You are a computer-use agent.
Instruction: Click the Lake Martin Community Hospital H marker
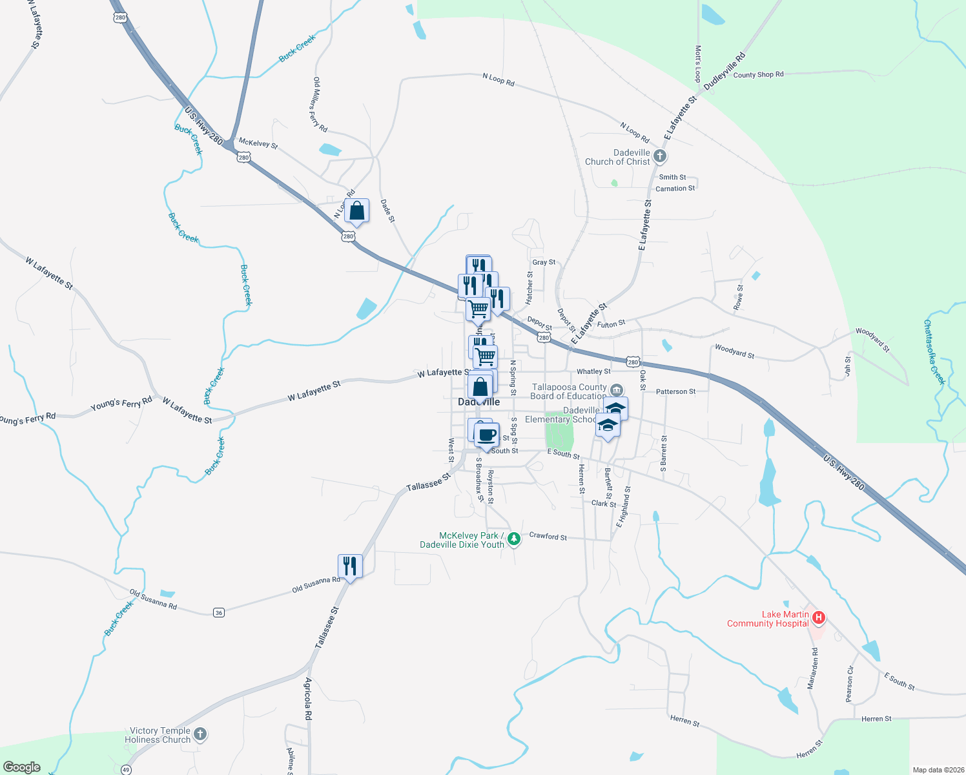[x=818, y=618]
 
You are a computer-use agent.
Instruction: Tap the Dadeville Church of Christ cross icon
[x=659, y=156]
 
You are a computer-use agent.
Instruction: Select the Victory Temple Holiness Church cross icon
[x=200, y=734]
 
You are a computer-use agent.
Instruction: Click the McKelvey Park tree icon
[x=514, y=539]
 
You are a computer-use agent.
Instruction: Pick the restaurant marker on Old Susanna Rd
[x=349, y=566]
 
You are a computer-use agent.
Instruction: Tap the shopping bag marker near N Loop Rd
[x=356, y=211]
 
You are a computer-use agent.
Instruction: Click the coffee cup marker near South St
[x=487, y=435]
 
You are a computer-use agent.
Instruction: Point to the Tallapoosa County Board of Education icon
[x=616, y=390]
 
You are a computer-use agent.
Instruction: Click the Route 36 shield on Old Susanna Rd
[x=219, y=612]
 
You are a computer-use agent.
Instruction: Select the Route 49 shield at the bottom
[x=126, y=769]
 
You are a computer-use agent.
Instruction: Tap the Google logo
[x=22, y=767]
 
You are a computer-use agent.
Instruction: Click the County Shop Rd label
[x=758, y=75]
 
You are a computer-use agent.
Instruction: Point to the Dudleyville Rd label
[x=724, y=71]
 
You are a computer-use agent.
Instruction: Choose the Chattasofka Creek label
[x=934, y=352]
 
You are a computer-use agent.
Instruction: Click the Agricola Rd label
[x=308, y=699]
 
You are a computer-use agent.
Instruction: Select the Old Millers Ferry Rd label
[x=320, y=104]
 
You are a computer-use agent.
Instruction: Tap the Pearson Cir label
[x=849, y=683]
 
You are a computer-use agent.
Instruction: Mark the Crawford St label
[x=548, y=536]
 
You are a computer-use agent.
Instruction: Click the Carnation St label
[x=675, y=189]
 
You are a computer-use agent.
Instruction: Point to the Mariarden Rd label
[x=813, y=668]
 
